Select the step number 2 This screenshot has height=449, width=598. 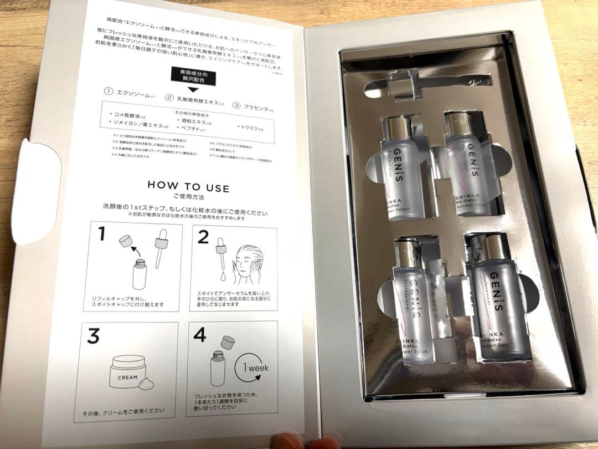(203, 237)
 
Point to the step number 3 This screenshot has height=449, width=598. (94, 336)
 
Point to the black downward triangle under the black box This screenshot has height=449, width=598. (193, 88)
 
